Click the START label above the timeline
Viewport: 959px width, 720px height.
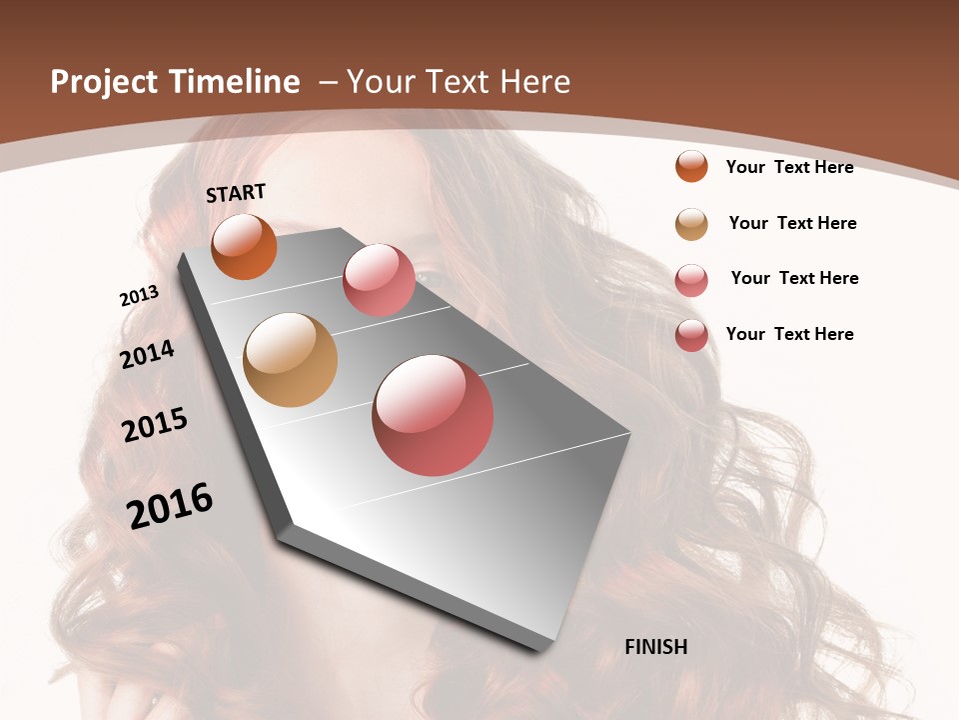[236, 193]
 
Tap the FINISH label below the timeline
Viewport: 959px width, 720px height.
[656, 647]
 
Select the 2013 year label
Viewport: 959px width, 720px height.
[139, 296]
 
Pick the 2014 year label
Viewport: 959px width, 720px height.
[148, 354]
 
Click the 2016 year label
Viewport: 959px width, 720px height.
[170, 506]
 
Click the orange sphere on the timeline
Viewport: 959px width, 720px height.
[244, 247]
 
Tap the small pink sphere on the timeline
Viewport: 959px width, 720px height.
[379, 280]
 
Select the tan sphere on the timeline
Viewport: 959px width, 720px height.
[290, 360]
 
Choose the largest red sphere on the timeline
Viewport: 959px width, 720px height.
[433, 415]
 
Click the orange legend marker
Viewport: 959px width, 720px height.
[691, 166]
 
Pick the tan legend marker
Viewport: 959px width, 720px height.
[691, 224]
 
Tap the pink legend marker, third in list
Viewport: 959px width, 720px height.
[691, 280]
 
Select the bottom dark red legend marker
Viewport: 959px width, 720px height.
[691, 335]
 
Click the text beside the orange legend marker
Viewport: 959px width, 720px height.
[789, 167]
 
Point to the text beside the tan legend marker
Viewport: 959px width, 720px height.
[792, 223]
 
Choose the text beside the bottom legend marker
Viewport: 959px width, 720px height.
[789, 334]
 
